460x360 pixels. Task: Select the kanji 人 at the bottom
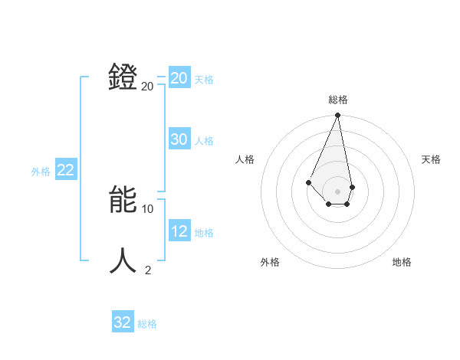click(x=123, y=260)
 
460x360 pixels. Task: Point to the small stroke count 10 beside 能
click(x=148, y=208)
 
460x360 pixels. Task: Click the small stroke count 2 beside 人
click(x=148, y=270)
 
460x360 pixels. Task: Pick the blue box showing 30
click(x=179, y=139)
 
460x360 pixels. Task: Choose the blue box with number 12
click(x=179, y=231)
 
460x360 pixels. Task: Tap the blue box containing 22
click(x=66, y=170)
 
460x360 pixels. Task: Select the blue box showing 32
click(x=123, y=322)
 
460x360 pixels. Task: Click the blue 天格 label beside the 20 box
click(x=204, y=80)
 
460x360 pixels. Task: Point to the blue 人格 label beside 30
click(x=204, y=141)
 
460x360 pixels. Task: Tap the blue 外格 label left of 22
click(x=41, y=172)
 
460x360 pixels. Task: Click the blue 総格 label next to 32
click(x=147, y=324)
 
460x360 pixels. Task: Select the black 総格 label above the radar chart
click(x=337, y=100)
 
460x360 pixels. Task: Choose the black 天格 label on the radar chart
click(x=432, y=159)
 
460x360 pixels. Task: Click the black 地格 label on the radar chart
click(x=402, y=262)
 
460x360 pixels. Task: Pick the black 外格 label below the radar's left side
click(x=270, y=262)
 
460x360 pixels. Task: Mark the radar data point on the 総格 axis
click(x=337, y=116)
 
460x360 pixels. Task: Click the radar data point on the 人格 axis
click(x=308, y=182)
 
